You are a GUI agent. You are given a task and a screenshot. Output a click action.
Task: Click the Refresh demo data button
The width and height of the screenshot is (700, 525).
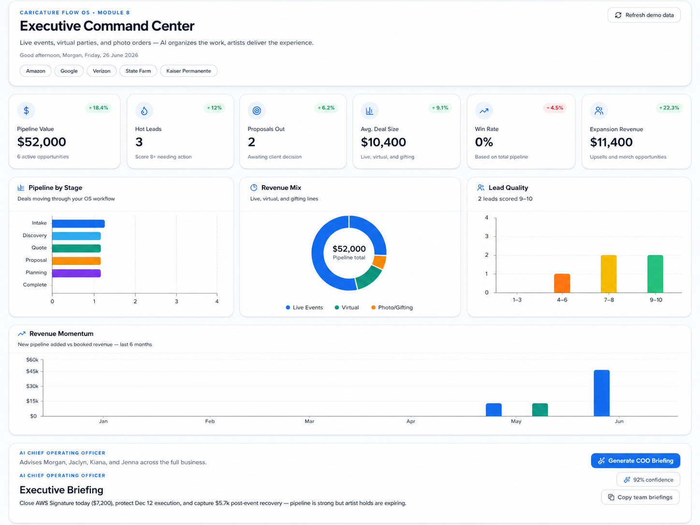tap(643, 15)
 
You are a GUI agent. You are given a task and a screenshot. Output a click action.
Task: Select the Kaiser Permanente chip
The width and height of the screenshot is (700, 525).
tap(189, 71)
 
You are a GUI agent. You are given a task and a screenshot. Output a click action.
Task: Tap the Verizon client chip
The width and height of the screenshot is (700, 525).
tap(102, 71)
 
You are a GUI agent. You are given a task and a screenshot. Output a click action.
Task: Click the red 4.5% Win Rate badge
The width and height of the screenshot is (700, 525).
tap(554, 108)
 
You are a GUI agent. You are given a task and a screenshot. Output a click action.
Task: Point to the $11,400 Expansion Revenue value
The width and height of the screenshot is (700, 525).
tap(611, 142)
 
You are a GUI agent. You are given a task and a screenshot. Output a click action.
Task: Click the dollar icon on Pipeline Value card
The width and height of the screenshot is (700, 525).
tap(26, 110)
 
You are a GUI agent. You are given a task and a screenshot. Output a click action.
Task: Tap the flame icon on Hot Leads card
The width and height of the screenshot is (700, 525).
tap(144, 110)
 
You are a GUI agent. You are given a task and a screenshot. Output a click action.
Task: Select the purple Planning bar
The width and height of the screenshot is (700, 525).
tap(76, 273)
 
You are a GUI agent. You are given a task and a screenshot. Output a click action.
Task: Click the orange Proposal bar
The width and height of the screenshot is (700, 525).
tap(76, 261)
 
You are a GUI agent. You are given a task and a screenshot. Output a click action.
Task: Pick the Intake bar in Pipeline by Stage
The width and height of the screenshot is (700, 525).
tap(78, 223)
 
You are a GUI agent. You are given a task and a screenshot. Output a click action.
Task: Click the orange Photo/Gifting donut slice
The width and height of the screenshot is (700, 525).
tap(379, 262)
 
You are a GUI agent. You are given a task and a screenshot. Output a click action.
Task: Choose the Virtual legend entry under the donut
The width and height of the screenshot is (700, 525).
tap(347, 307)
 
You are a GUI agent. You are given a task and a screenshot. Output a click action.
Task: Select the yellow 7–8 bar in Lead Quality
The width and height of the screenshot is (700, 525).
tap(609, 274)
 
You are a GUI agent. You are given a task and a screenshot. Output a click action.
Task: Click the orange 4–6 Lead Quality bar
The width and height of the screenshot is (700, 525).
tap(562, 283)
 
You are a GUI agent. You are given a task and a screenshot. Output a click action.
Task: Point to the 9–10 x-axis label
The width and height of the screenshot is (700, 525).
tap(656, 300)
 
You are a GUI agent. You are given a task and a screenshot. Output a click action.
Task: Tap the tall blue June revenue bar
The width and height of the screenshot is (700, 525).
tap(601, 393)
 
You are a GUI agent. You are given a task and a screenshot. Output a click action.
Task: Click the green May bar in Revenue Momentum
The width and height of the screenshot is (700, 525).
tap(540, 409)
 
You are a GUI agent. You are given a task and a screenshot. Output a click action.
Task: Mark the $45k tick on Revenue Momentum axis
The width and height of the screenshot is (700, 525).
tap(32, 371)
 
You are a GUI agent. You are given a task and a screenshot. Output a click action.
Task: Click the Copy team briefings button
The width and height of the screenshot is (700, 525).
tap(641, 497)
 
